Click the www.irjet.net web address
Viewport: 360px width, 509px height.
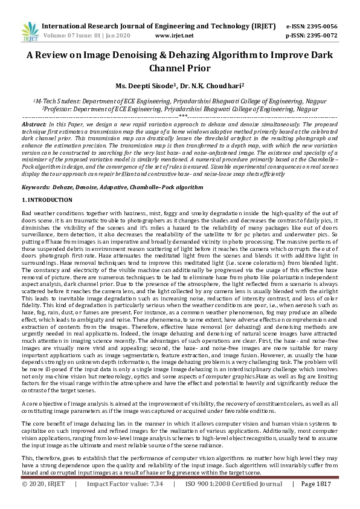pyautogui.click(x=170, y=36)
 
